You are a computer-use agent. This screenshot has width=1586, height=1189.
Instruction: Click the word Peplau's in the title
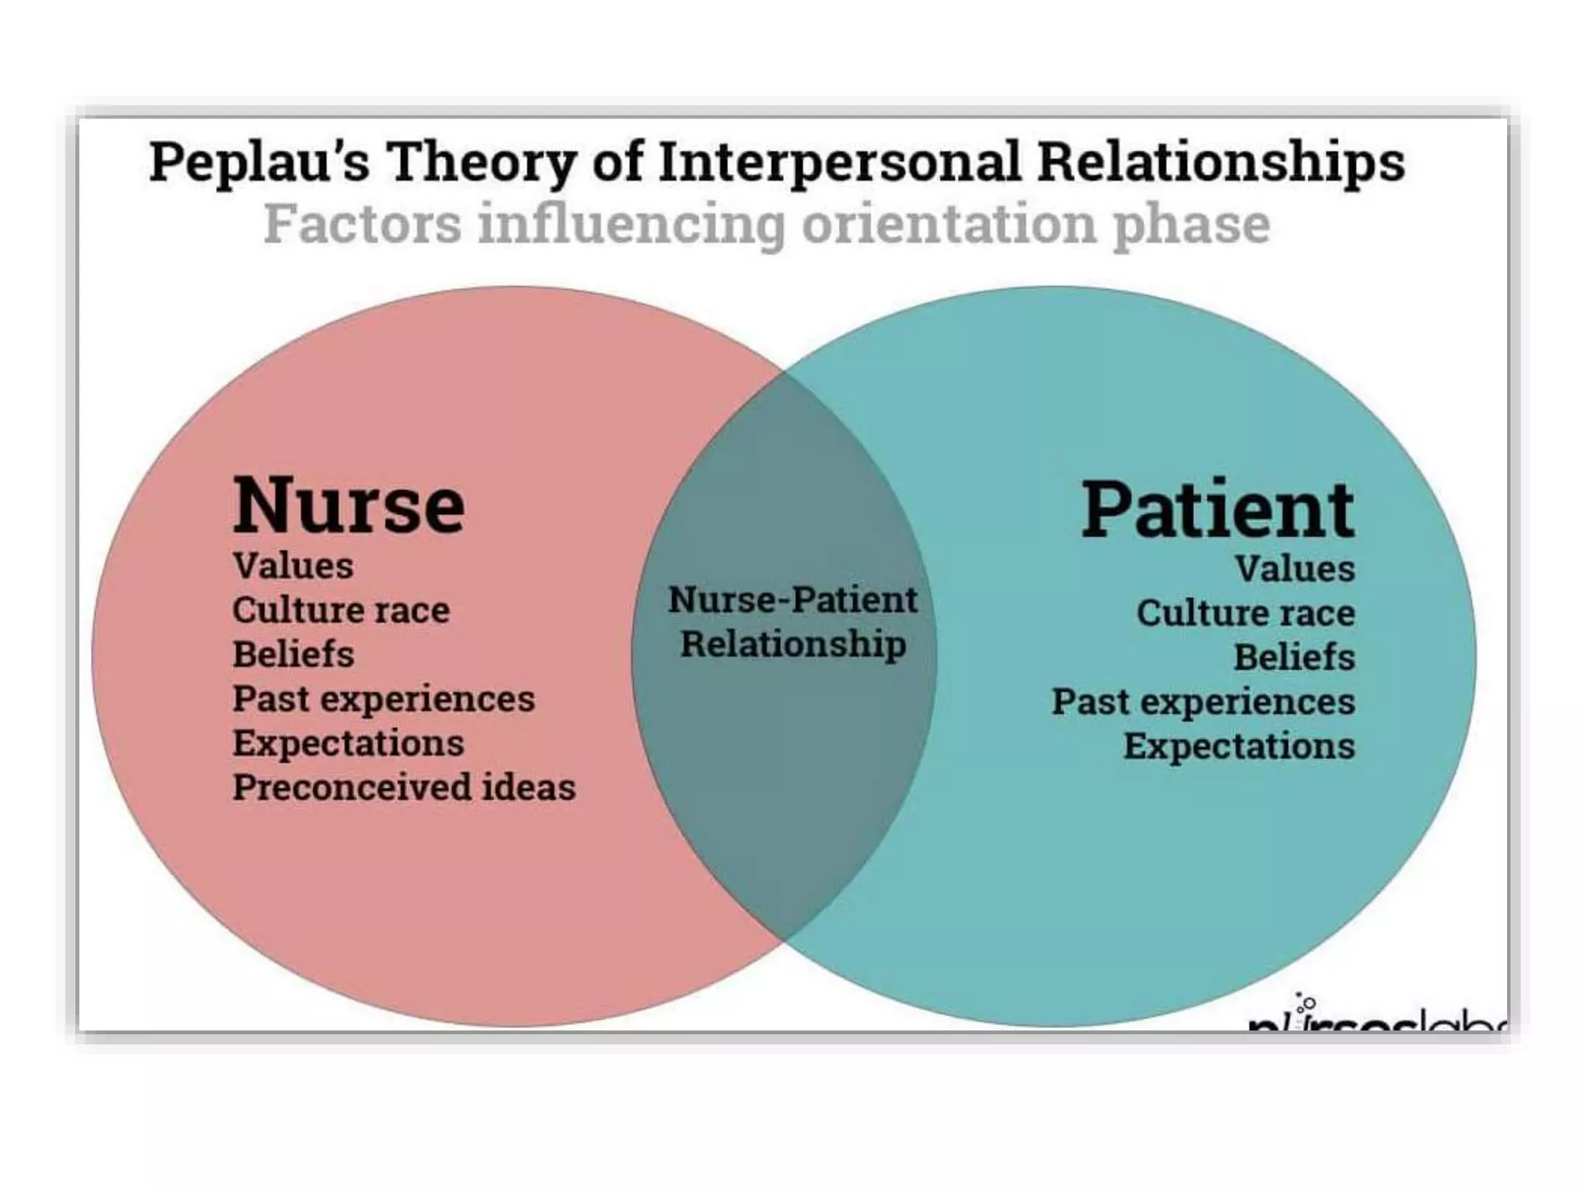[259, 163]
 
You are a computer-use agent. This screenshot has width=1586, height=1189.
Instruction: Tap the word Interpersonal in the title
[839, 163]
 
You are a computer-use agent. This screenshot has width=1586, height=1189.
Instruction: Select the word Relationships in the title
[1220, 163]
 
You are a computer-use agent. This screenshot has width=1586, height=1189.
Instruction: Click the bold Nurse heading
[348, 505]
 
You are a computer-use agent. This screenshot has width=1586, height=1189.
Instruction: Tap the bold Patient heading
[1217, 509]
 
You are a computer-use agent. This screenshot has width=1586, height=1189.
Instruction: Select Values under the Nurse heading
[294, 566]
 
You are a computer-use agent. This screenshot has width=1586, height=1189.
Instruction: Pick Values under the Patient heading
[1294, 569]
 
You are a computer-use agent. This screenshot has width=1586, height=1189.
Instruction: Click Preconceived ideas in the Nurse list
[403, 787]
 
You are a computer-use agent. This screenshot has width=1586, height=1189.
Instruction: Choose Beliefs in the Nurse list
[294, 654]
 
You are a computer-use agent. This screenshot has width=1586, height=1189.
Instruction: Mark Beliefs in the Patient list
[1294, 657]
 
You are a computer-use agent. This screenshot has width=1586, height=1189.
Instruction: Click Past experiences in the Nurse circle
[383, 698]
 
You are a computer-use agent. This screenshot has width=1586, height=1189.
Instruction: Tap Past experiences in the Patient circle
[1203, 702]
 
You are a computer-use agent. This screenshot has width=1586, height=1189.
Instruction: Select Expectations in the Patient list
[1239, 746]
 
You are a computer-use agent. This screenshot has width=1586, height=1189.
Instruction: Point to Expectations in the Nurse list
[348, 743]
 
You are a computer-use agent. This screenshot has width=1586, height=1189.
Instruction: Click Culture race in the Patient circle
[1245, 613]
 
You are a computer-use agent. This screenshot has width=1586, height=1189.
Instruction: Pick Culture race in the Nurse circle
[341, 610]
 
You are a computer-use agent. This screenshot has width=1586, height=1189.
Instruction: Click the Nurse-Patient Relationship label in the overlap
[793, 622]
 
